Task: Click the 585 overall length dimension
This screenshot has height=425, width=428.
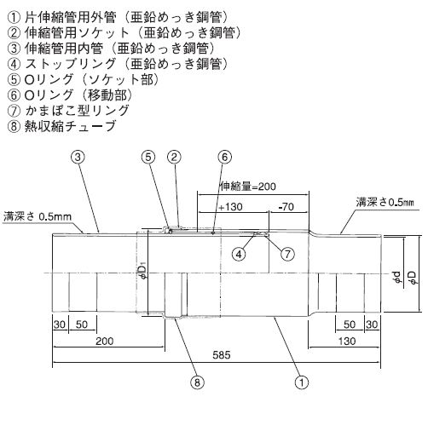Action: pos(222,355)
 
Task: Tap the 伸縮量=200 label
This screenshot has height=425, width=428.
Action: pos(248,187)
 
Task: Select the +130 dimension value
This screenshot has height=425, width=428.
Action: pos(231,207)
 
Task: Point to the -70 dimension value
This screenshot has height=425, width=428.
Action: pos(286,207)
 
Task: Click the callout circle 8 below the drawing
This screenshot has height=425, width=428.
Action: pos(197,382)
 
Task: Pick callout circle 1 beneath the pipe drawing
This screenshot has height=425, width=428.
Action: pos(302,382)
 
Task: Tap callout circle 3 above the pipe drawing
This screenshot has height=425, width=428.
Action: pos(78,157)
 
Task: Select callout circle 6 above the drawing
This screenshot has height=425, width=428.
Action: pos(224,157)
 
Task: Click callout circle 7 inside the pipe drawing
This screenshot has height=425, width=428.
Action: pos(287,254)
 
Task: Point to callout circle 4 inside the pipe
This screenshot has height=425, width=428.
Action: pos(239,254)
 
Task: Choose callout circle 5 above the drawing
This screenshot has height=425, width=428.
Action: pos(149,157)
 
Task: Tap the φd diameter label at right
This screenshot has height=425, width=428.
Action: pos(398,277)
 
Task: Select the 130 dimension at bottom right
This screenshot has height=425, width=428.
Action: pos(347,341)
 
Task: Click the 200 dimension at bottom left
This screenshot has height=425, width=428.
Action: pos(105,341)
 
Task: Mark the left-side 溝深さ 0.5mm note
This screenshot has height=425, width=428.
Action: pos(38,217)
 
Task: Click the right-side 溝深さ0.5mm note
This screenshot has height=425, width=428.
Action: pos(385,203)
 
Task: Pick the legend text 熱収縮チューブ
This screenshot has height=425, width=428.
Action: pos(70,126)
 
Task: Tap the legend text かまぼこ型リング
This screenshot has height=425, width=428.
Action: pos(77,110)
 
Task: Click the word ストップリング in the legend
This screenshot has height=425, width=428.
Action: pos(71,64)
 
